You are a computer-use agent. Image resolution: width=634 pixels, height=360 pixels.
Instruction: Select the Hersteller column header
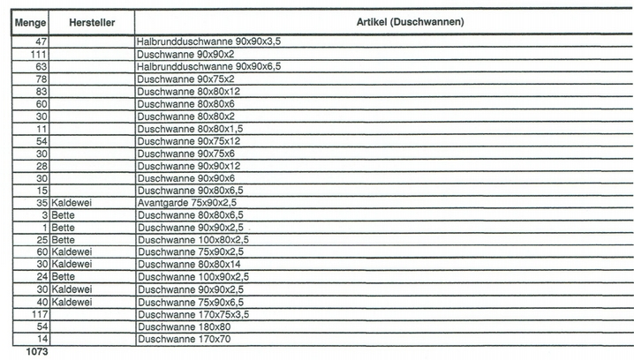(92, 20)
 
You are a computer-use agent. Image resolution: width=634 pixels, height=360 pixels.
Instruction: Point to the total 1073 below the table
(36, 352)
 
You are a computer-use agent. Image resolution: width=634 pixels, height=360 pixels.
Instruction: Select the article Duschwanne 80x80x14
(189, 264)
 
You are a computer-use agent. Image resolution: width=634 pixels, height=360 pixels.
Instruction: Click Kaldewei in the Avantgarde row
(72, 202)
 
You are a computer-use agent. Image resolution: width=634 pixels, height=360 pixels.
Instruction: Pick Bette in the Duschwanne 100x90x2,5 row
(63, 276)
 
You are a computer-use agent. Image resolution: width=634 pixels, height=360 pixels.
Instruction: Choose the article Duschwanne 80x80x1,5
(191, 128)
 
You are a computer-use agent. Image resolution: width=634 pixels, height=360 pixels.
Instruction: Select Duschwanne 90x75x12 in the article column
(189, 140)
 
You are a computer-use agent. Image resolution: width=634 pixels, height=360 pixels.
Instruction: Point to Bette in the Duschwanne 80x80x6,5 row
(63, 214)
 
